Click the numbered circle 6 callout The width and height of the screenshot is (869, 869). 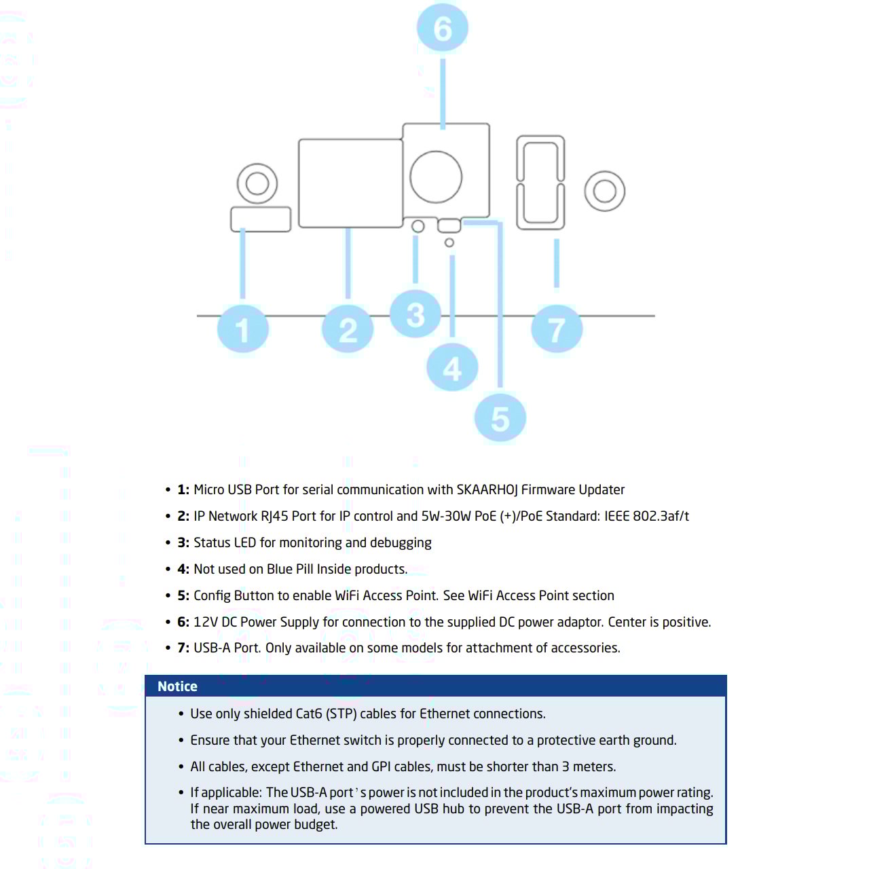point(442,29)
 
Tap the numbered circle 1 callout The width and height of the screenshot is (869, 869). point(242,329)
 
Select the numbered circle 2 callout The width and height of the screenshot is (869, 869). point(348,329)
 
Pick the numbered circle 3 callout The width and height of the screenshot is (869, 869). point(415,314)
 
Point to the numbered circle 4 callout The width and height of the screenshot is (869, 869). point(452,367)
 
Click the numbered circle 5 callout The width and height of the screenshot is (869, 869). point(500,418)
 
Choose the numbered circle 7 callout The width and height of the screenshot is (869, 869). point(557,329)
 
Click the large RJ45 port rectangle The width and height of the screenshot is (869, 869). point(351,183)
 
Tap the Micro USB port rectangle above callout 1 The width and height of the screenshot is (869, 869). point(261,219)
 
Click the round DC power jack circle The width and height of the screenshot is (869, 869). point(436,177)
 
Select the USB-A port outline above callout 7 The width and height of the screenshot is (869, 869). point(540,183)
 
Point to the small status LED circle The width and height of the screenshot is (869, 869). point(418,226)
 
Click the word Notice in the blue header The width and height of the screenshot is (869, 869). point(177,686)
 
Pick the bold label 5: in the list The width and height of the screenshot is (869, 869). point(183,595)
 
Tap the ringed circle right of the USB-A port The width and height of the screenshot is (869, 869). point(604,191)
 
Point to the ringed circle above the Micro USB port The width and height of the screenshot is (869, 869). point(257,183)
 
